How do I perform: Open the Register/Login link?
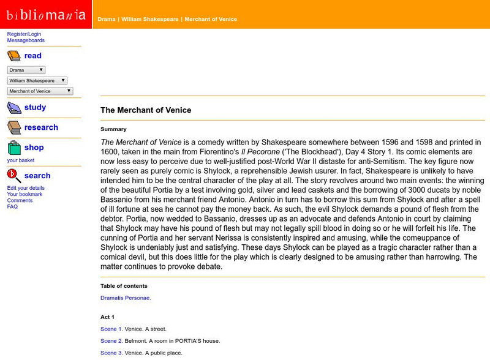click(24, 34)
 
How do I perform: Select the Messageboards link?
click(26, 40)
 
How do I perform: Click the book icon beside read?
click(14, 56)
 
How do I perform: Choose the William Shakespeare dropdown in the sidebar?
click(37, 81)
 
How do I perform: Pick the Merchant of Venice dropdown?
click(40, 91)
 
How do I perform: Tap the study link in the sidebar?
click(35, 107)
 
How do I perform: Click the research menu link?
click(41, 127)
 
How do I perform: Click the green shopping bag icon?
click(14, 148)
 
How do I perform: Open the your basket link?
click(21, 160)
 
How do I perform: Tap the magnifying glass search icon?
click(14, 176)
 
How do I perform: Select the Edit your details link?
click(26, 188)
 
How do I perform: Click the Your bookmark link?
click(25, 194)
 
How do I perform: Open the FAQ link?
click(12, 206)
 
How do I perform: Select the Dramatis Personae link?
click(126, 298)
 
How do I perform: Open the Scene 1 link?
click(111, 329)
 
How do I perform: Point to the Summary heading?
click(113, 129)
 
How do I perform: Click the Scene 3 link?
click(111, 353)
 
